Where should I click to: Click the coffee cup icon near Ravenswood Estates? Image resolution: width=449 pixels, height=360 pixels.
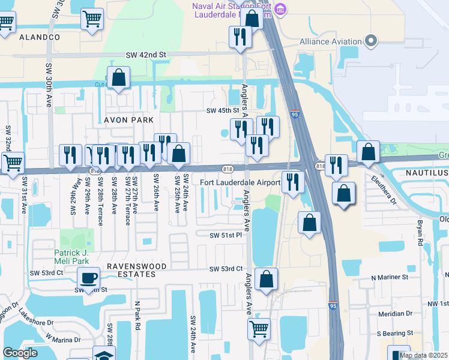[x=89, y=277]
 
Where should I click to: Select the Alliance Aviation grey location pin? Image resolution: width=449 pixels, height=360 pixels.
[x=371, y=41]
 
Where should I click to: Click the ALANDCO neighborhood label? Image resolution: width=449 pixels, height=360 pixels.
[x=40, y=37]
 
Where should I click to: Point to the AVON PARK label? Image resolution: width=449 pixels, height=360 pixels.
[x=129, y=120]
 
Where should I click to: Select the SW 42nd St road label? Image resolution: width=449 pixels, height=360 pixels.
[x=146, y=55]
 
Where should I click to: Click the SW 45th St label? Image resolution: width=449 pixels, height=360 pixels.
[x=223, y=110]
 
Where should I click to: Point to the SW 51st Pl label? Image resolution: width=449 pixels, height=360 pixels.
[x=225, y=235]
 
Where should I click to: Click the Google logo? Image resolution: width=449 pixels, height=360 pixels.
[x=20, y=353]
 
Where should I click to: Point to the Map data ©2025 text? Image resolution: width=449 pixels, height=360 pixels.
[x=423, y=355]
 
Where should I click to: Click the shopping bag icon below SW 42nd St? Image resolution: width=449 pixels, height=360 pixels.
[x=119, y=78]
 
